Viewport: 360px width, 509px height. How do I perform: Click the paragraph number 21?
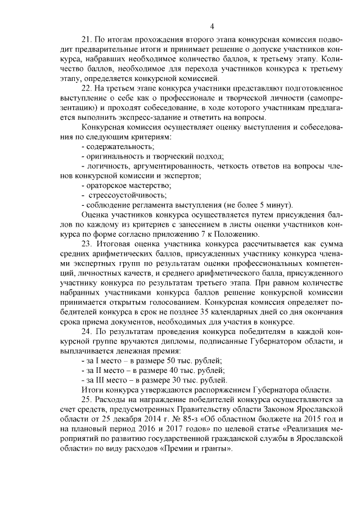(x=87, y=40)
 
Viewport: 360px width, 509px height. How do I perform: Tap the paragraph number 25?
(x=87, y=399)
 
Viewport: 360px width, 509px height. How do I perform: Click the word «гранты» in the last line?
(x=213, y=449)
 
